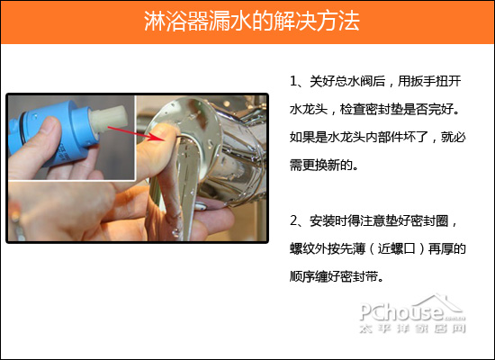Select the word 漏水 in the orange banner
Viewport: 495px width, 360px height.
[x=220, y=22]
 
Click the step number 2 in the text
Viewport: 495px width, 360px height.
[x=293, y=220]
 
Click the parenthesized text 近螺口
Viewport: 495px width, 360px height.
[x=400, y=248]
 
